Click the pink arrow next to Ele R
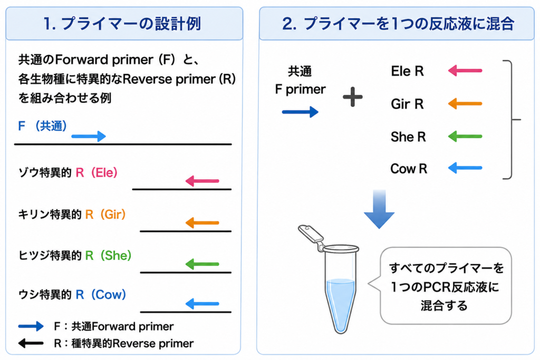pyautogui.click(x=465, y=71)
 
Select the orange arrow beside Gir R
pyautogui.click(x=465, y=104)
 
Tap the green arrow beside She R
pyautogui.click(x=465, y=137)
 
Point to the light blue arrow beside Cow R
pyautogui.click(x=465, y=168)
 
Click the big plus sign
pyautogui.click(x=353, y=96)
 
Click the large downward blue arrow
pyautogui.click(x=379, y=209)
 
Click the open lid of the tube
pyautogui.click(x=311, y=235)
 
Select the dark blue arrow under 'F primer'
pyautogui.click(x=300, y=112)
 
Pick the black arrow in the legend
pyautogui.click(x=31, y=343)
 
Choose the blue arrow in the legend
pyautogui.click(x=31, y=326)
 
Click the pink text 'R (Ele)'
pyautogui.click(x=97, y=172)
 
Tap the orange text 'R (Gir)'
pyautogui.click(x=105, y=215)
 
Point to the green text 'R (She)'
pyautogui.click(x=108, y=255)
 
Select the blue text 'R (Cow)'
pyautogui.click(x=101, y=295)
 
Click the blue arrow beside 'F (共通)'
pyautogui.click(x=89, y=137)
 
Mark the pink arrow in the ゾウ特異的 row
pyautogui.click(x=202, y=181)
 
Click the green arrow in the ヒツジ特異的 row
pyautogui.click(x=202, y=264)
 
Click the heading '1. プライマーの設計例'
pyautogui.click(x=122, y=24)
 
